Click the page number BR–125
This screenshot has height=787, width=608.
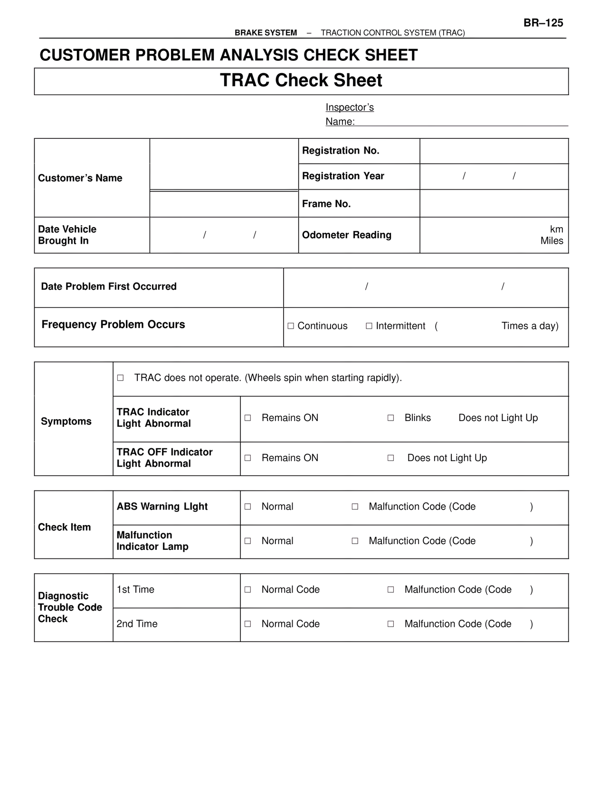point(543,23)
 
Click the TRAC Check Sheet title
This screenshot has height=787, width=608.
point(301,81)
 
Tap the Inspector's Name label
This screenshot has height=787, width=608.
point(349,115)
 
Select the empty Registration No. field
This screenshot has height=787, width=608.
point(494,151)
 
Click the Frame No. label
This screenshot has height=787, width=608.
point(326,204)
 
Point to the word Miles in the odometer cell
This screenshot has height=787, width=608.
point(551,241)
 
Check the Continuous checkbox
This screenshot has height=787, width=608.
point(291,326)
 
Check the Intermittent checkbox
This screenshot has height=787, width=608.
point(369,326)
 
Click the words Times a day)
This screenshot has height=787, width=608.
point(530,326)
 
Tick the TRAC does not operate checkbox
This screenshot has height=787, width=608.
point(120,378)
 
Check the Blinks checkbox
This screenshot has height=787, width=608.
point(390,418)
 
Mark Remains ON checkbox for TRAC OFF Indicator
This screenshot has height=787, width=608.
point(247,458)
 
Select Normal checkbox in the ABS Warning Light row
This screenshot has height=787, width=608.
point(247,507)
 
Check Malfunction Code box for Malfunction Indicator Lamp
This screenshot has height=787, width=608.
point(355,541)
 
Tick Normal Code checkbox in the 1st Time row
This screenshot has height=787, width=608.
point(247,590)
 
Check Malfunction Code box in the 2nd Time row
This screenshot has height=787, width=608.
point(390,624)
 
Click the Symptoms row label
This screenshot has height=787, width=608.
point(66,422)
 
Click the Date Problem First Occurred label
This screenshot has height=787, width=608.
point(109,287)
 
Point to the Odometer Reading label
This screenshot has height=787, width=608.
point(347,235)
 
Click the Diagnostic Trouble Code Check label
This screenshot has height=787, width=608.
point(70,607)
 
